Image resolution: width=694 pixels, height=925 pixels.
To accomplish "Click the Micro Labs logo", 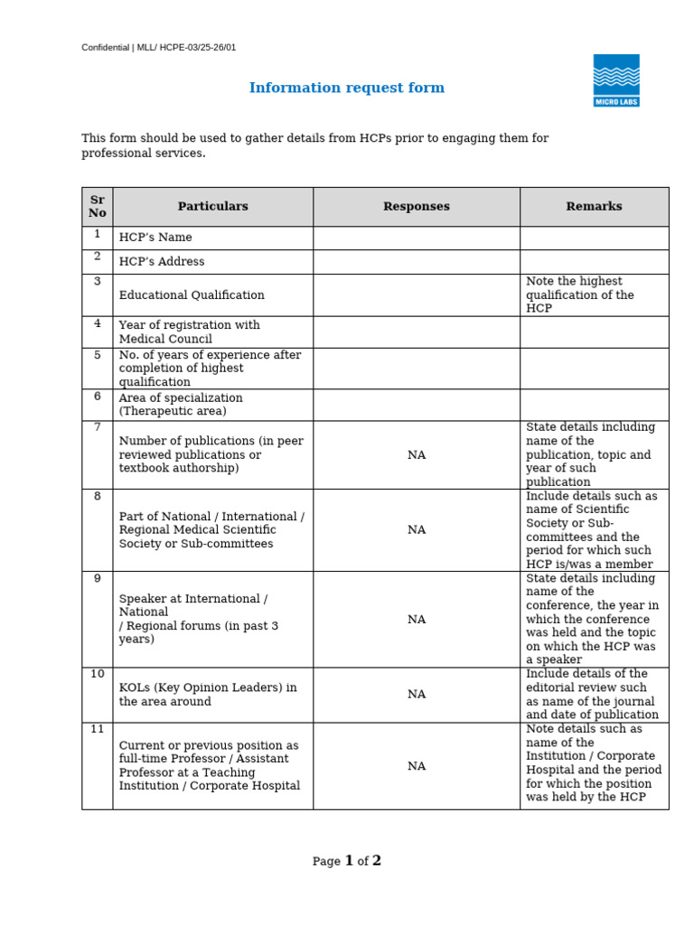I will tap(616, 80).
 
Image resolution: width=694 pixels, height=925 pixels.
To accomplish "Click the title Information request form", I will tap(347, 88).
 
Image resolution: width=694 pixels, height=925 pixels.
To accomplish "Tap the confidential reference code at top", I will tap(159, 47).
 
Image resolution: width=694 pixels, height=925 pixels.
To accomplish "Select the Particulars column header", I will tap(212, 206).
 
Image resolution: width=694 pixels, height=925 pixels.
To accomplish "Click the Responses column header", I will tap(416, 206).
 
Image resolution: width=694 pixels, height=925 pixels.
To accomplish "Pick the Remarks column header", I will tap(594, 206).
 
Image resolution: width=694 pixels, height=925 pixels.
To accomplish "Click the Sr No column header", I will tap(97, 206).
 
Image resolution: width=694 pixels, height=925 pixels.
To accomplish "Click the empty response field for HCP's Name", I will tap(416, 238).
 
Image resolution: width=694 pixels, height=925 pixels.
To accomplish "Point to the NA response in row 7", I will tap(416, 455).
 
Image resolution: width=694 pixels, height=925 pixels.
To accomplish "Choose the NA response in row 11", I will tap(416, 766).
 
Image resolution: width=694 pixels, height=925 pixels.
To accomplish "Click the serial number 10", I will tap(97, 675).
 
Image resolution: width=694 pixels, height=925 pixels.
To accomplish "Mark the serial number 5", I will tap(97, 355).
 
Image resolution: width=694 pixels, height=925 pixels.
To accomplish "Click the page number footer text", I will tap(347, 861).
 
